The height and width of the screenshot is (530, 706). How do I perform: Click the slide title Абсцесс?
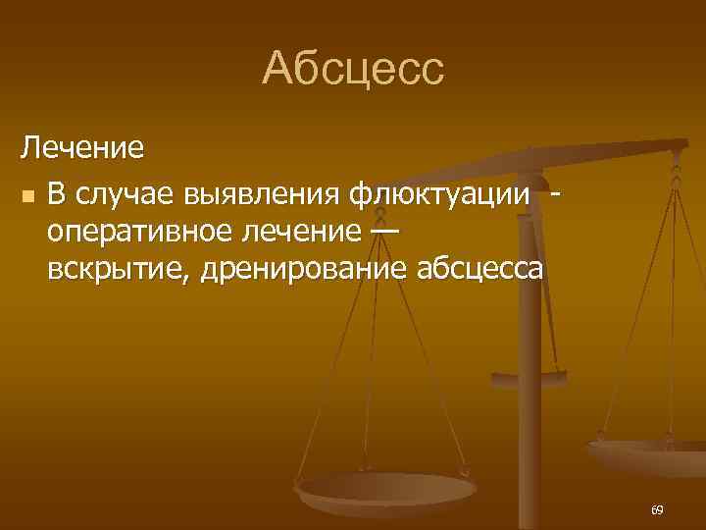coord(353,70)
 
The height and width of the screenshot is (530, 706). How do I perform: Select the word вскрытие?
coord(116,268)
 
